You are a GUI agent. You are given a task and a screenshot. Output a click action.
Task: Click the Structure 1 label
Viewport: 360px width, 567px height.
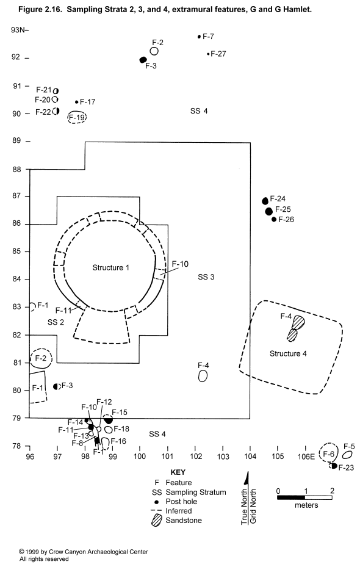(x=110, y=267)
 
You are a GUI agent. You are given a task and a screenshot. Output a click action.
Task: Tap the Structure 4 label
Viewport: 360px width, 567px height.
(x=288, y=353)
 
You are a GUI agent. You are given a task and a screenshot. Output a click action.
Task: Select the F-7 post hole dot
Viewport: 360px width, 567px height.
(x=199, y=37)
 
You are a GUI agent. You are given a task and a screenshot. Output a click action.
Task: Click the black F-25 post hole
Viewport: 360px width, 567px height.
(x=268, y=211)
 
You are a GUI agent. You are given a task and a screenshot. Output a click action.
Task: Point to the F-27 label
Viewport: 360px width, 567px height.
(x=218, y=54)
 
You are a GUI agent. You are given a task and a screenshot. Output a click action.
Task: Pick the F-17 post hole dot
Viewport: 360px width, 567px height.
(x=77, y=102)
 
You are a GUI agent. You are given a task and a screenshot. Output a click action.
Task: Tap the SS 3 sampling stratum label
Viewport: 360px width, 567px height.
(x=206, y=277)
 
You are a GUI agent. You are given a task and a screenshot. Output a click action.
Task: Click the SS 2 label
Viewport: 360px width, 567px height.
(x=56, y=322)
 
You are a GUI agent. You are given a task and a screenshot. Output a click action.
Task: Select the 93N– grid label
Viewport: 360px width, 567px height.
(x=20, y=30)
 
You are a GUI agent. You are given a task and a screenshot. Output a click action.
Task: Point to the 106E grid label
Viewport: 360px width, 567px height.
(x=306, y=457)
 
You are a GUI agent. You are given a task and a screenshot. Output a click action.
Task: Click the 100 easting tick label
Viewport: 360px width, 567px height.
(x=140, y=457)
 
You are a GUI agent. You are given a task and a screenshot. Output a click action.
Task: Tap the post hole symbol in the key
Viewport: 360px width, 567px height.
(x=156, y=502)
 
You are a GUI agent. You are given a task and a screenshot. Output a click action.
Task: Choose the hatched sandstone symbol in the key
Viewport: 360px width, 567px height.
(x=156, y=521)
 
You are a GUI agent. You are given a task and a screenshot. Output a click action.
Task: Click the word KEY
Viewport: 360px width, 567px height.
(x=178, y=472)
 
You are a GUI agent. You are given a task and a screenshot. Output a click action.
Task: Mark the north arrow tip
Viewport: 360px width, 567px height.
(x=248, y=471)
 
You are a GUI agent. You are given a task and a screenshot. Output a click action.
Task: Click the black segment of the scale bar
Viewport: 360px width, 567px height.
(x=291, y=497)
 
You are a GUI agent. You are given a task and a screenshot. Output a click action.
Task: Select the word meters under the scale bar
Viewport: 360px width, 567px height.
(x=306, y=505)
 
